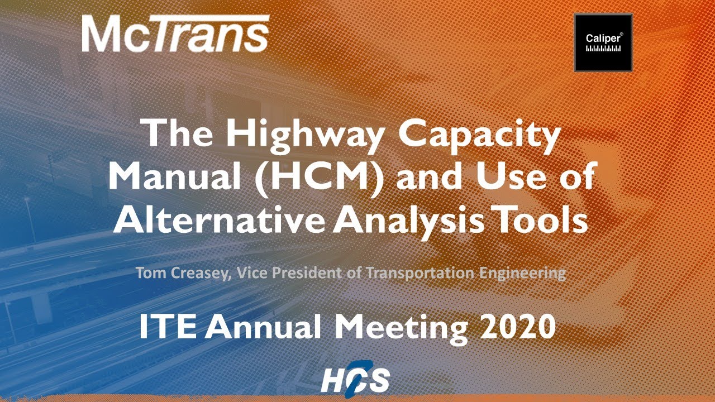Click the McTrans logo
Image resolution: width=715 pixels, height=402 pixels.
click(175, 34)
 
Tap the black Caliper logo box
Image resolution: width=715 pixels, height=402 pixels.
click(603, 43)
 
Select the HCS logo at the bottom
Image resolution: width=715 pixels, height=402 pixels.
click(356, 381)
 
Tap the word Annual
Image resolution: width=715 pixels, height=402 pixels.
click(261, 327)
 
